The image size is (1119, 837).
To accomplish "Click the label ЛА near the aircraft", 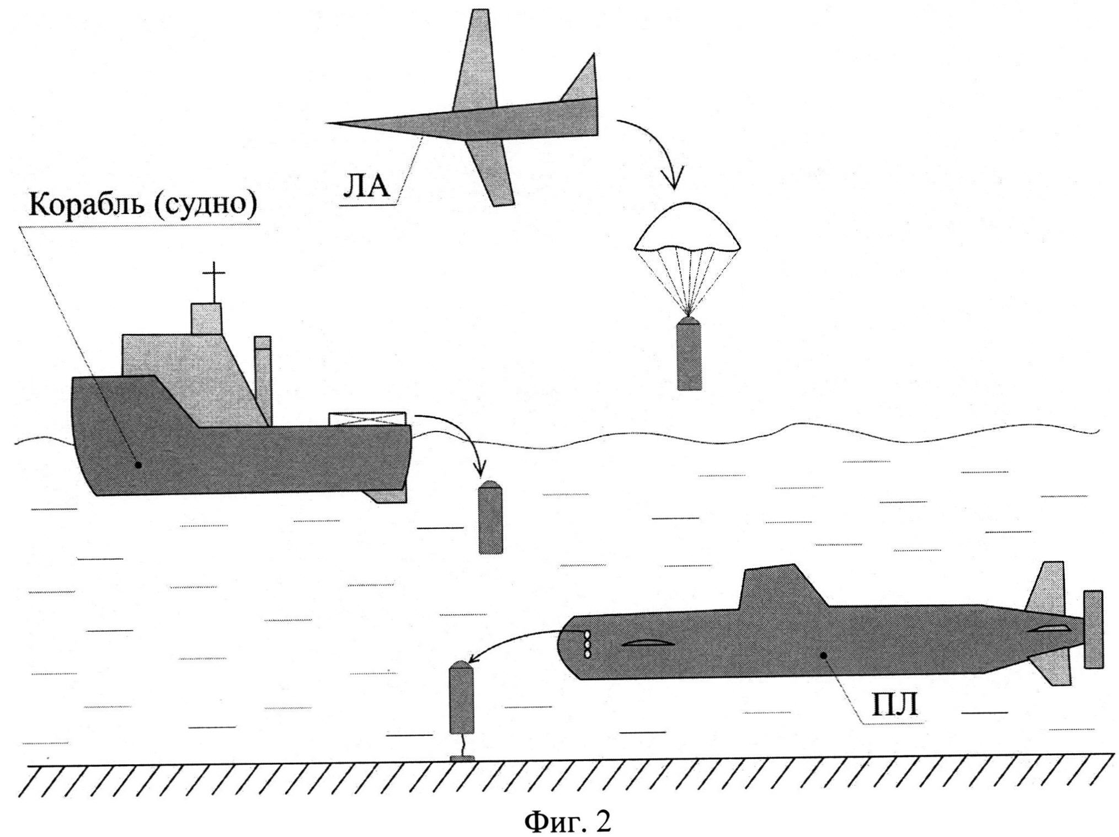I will pos(366,185).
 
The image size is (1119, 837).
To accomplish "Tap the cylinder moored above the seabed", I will pos(462,699).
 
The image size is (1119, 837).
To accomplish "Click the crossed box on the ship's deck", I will pos(367,419).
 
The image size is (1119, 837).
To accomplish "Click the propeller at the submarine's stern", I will pos(1092,629).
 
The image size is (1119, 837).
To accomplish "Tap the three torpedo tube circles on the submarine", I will pos(587,644).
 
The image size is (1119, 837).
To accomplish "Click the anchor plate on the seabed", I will pos(461,758).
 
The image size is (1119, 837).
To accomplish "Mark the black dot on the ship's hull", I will pos(138,465).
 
